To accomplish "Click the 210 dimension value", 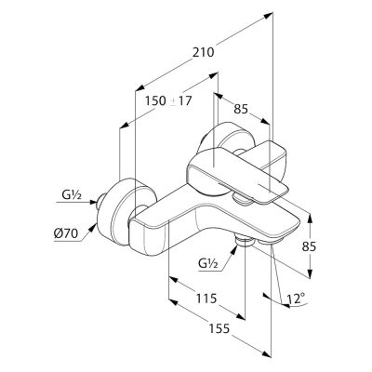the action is (x=204, y=52).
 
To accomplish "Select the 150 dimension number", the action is (x=156, y=101).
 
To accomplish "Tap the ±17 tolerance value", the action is (x=182, y=101).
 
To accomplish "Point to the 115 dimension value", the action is (x=206, y=299).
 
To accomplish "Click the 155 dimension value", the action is (x=219, y=328).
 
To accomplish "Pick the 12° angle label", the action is (x=295, y=299).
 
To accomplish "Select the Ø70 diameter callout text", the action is (x=66, y=234).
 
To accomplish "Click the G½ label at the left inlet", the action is (x=72, y=195).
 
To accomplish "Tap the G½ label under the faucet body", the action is (x=208, y=264).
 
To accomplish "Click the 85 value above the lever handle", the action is (x=241, y=109).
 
